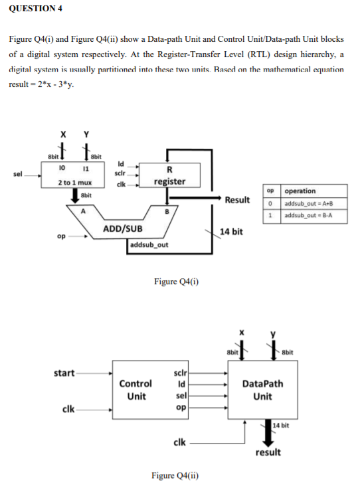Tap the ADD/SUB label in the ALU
123,229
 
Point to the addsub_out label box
149,244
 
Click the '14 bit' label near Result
232,232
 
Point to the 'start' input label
64,372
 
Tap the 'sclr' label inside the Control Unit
180,373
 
